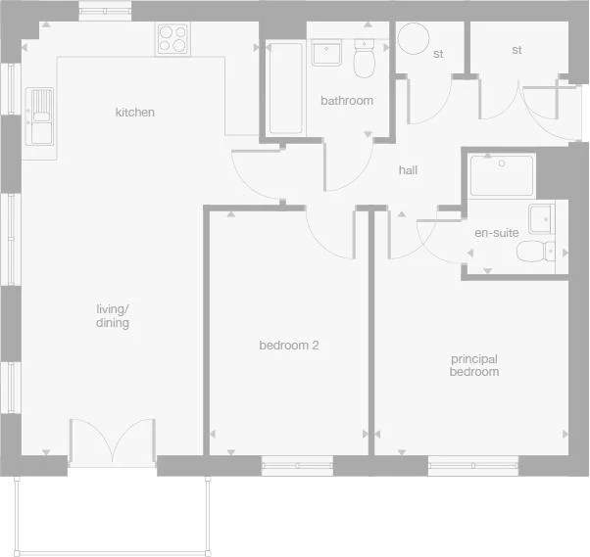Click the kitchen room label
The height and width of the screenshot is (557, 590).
pyautogui.click(x=135, y=113)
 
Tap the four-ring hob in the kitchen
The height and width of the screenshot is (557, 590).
pyautogui.click(x=172, y=38)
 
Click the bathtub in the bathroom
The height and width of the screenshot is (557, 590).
pyautogui.click(x=285, y=88)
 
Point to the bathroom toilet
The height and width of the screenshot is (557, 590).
pyautogui.click(x=365, y=61)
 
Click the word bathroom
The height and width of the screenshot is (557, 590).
pyautogui.click(x=347, y=101)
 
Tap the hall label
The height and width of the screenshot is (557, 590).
pyautogui.click(x=409, y=170)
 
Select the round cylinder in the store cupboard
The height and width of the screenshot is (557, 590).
pyautogui.click(x=413, y=40)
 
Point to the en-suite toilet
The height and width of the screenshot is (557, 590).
pyautogui.click(x=535, y=254)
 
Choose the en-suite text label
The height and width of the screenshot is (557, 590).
pyautogui.click(x=497, y=233)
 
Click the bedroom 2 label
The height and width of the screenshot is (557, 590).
pyautogui.click(x=289, y=346)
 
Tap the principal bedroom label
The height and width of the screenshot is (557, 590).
pyautogui.click(x=474, y=366)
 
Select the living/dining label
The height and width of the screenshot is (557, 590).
pyautogui.click(x=113, y=316)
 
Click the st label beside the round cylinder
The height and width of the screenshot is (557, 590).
pyautogui.click(x=438, y=54)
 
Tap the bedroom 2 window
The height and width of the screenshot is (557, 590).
pyautogui.click(x=297, y=466)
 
